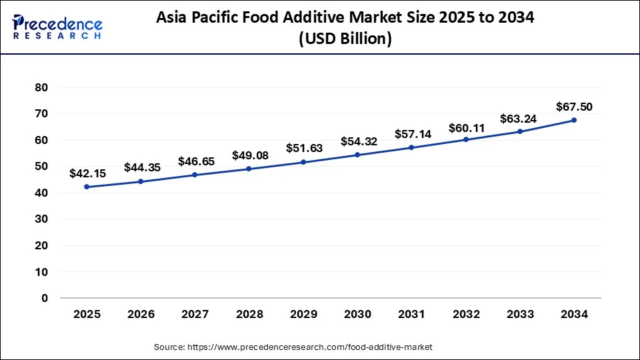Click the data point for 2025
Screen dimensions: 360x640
[86, 187]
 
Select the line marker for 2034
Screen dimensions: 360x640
[574, 120]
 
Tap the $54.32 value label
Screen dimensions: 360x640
[359, 141]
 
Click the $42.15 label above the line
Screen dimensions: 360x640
[87, 173]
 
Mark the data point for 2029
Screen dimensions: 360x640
[303, 162]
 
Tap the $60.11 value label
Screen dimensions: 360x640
[467, 126]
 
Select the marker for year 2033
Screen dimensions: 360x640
[520, 131]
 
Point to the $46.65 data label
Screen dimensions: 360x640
[196, 161]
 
